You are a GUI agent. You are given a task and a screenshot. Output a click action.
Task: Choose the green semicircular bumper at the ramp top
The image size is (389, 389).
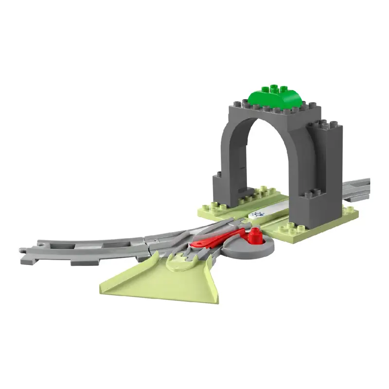(180, 263)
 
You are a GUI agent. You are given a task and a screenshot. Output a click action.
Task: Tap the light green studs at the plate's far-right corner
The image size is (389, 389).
(349, 209)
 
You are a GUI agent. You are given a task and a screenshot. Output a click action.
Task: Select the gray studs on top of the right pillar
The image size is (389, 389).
(323, 124)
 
